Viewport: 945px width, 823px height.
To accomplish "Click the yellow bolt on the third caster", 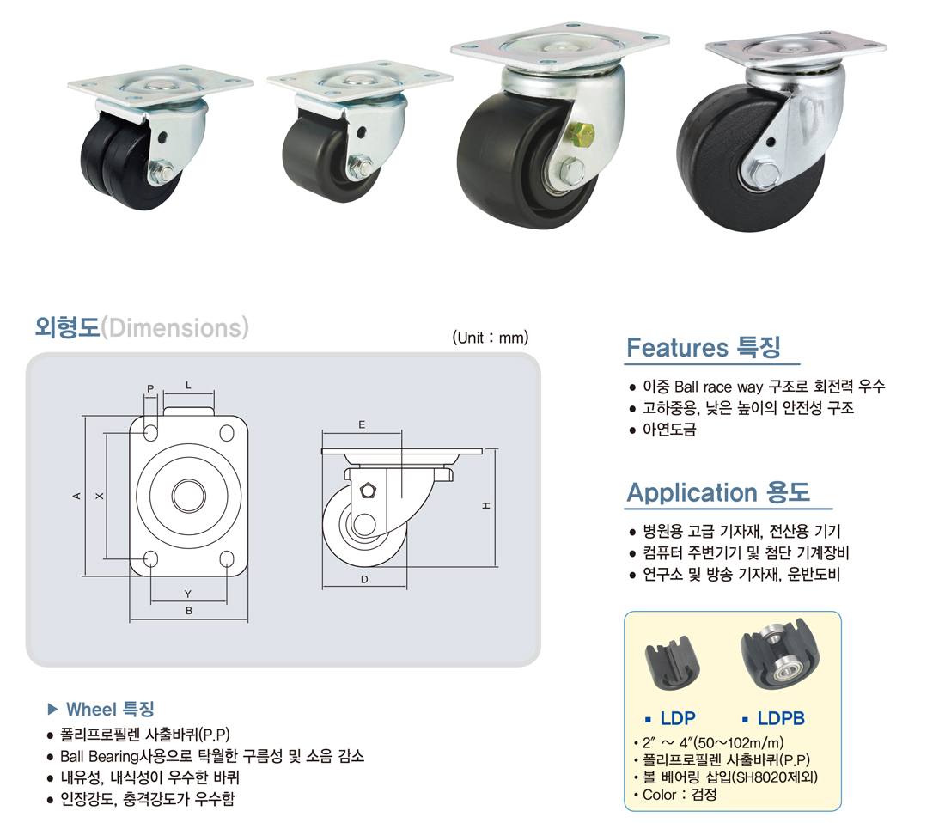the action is tap(582, 135).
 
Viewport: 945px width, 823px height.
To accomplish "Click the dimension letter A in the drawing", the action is tap(76, 496).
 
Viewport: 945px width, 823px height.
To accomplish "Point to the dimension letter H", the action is tap(486, 506).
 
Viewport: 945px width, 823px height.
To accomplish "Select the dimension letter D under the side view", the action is tap(364, 580).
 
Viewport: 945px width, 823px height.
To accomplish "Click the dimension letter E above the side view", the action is tap(362, 424).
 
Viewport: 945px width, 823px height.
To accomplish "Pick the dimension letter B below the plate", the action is tap(189, 610).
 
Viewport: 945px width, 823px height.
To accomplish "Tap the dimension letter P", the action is tap(150, 388).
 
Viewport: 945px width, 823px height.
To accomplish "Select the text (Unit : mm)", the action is tap(491, 338).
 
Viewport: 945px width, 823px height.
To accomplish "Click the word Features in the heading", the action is tap(678, 348).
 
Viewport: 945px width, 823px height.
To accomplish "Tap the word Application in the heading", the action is tap(692, 492).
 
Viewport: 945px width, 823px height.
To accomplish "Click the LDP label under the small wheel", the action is tap(678, 718).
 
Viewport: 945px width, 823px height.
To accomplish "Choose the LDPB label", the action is tap(780, 718).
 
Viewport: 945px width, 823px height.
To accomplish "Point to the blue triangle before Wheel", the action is tap(53, 709).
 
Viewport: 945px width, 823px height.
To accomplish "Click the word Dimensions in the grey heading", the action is tap(175, 328).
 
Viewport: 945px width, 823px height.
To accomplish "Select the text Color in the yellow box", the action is tap(659, 795).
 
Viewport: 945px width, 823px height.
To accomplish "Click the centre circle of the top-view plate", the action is tap(189, 495).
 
